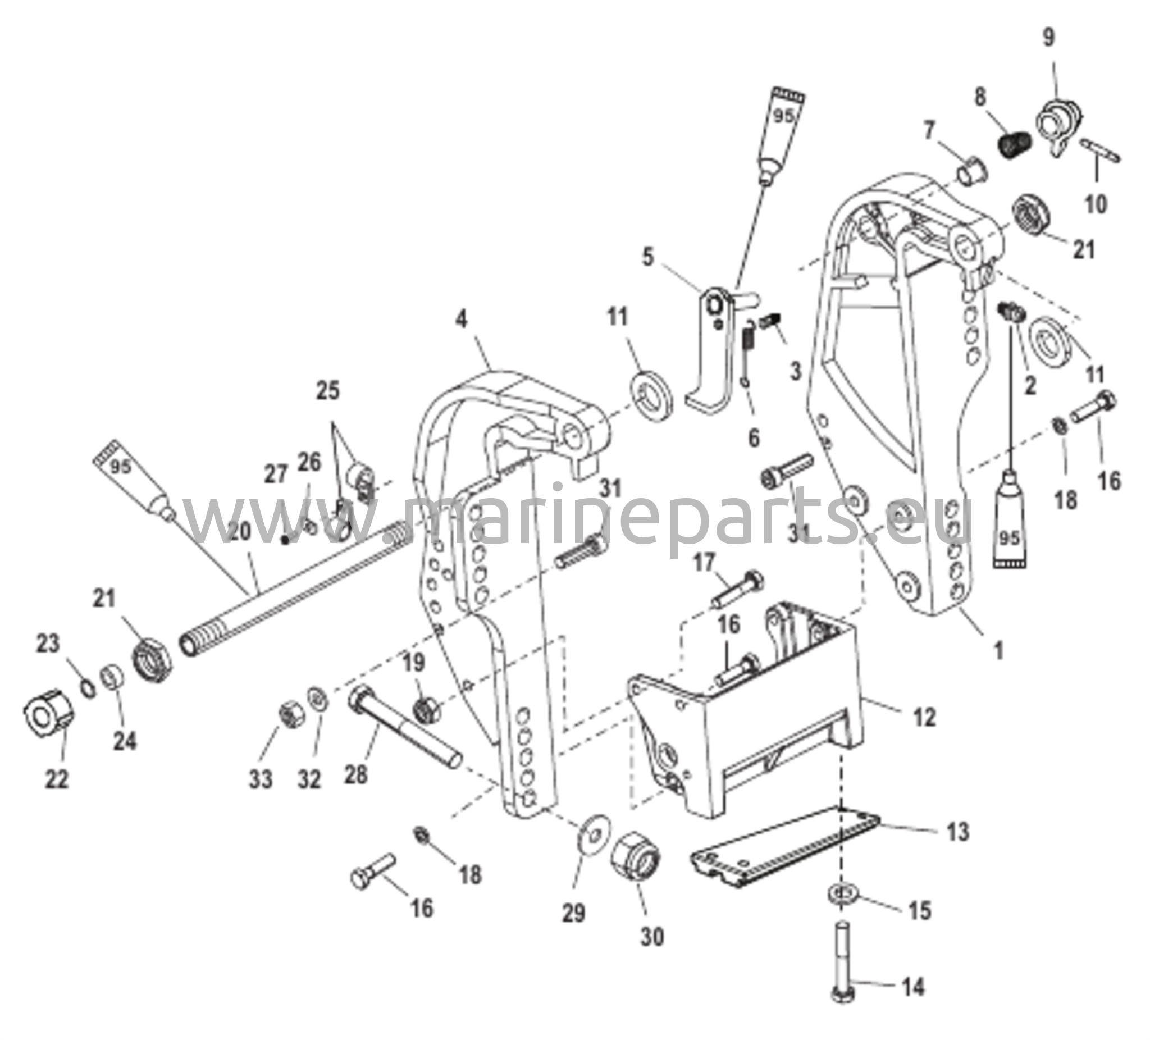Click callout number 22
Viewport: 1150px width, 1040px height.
coord(57,779)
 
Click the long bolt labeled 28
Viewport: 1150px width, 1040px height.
coord(405,730)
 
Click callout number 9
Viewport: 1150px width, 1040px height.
coord(1048,38)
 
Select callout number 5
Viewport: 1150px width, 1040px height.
coord(647,257)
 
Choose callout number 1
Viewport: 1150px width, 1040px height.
coord(998,650)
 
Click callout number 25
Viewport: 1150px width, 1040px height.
coord(328,391)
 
